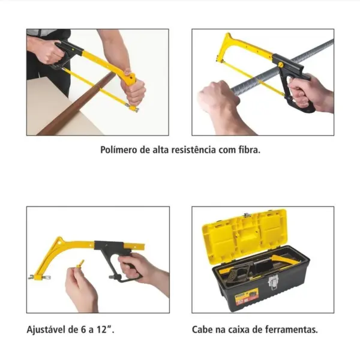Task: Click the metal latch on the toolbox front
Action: [x=274, y=282]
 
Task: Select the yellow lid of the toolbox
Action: [x=245, y=234]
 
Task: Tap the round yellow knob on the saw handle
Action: [x=280, y=65]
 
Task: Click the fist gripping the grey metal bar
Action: [x=216, y=98]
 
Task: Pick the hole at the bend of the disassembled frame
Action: [x=59, y=242]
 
